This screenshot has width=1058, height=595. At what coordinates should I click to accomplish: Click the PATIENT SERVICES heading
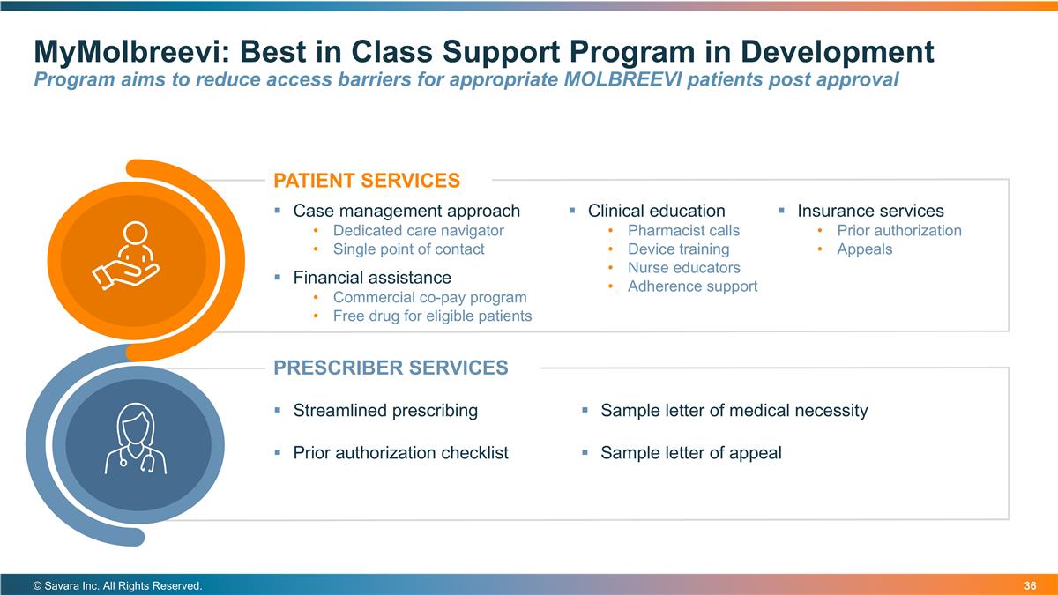click(x=367, y=181)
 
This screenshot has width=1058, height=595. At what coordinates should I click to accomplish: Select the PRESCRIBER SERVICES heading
click(x=391, y=368)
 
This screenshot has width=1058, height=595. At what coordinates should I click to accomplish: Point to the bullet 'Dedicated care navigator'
click(x=418, y=231)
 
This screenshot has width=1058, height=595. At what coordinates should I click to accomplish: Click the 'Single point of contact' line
click(x=408, y=249)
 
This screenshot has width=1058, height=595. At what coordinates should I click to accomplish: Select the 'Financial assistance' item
click(x=371, y=279)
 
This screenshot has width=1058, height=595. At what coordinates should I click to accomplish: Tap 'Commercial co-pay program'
click(x=429, y=297)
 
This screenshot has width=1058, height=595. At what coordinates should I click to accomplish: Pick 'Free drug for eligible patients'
click(x=432, y=316)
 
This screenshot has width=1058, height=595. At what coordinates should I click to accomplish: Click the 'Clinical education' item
click(x=656, y=211)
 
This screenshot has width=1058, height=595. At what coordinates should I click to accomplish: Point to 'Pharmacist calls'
click(x=683, y=231)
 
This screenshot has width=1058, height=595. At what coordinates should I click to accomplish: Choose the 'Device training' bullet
click(x=678, y=249)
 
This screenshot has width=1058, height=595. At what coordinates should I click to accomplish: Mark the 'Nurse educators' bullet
click(x=683, y=268)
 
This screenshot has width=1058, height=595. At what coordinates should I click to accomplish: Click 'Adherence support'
click(x=692, y=286)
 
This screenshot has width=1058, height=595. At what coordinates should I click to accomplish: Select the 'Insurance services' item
click(x=870, y=211)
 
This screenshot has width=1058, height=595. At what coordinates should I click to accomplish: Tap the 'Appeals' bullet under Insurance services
click(x=864, y=249)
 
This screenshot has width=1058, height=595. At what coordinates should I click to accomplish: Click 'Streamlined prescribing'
click(x=385, y=411)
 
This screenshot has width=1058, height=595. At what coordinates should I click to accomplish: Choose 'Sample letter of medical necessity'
click(x=734, y=411)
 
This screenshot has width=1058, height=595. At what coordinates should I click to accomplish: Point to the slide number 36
click(x=1030, y=585)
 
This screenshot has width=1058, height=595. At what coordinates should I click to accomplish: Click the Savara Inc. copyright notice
click(x=117, y=585)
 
